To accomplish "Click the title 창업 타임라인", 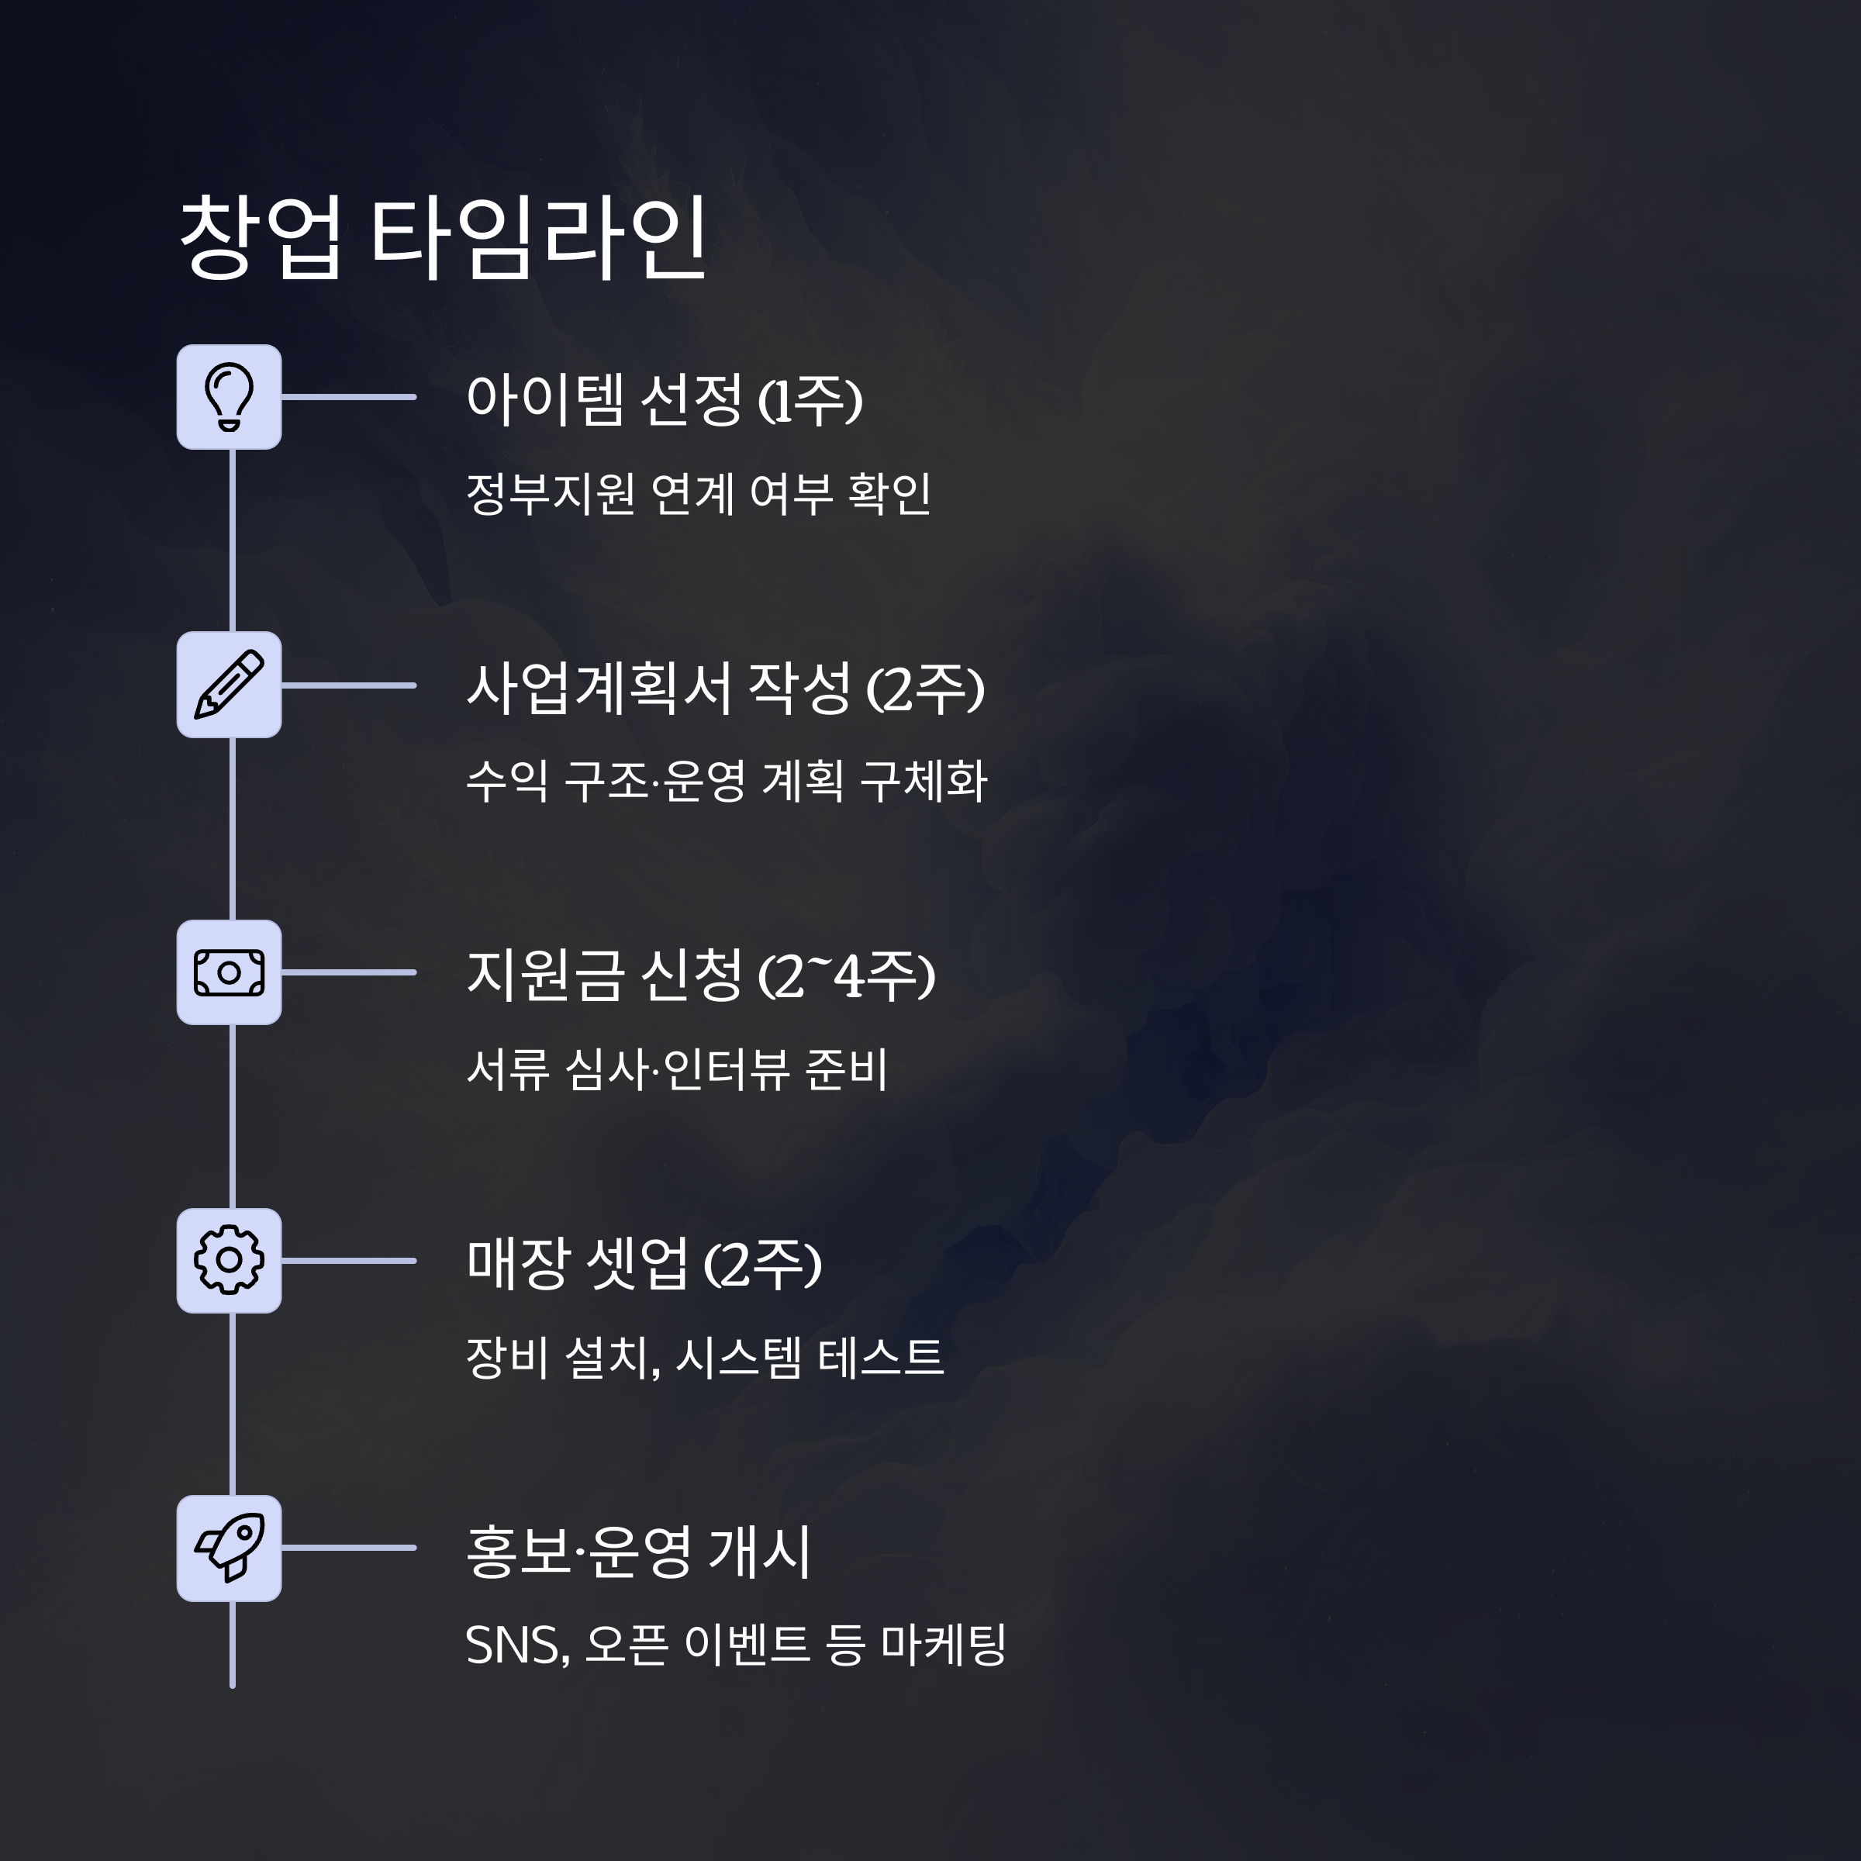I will pyautogui.click(x=443, y=237).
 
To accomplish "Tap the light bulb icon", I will pyautogui.click(x=230, y=397).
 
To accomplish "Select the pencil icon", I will pyautogui.click(x=230, y=685).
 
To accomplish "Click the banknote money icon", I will pyautogui.click(x=230, y=972).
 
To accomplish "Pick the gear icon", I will pyautogui.click(x=230, y=1260).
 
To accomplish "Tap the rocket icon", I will pyautogui.click(x=230, y=1548).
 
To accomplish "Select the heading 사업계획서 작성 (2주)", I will pyautogui.click(x=724, y=688).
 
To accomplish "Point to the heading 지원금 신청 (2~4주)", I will pyautogui.click(x=700, y=975).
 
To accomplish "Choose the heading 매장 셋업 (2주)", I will pyautogui.click(x=644, y=1263).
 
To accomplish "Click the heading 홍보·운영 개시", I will pyautogui.click(x=637, y=1552).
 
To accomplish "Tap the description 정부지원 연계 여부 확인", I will pyautogui.click(x=697, y=493).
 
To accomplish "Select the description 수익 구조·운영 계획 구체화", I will pyautogui.click(x=727, y=781).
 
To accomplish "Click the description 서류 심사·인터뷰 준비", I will pyautogui.click(x=676, y=1069).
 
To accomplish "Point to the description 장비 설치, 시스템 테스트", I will pyautogui.click(x=704, y=1357).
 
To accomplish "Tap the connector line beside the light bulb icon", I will pyautogui.click(x=349, y=397).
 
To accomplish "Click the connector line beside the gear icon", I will pyautogui.click(x=349, y=1260).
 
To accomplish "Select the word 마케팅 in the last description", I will pyautogui.click(x=944, y=1645).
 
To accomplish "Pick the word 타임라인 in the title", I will pyautogui.click(x=540, y=237).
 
